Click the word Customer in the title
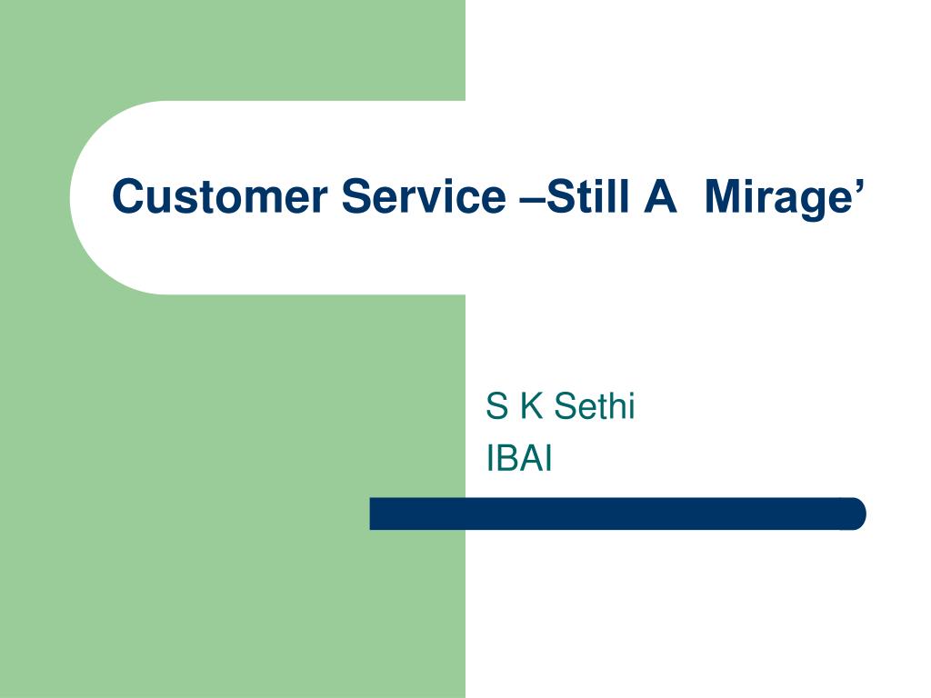pyautogui.click(x=220, y=196)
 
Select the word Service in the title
pyautogui.click(x=424, y=196)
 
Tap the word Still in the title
pyautogui.click(x=587, y=195)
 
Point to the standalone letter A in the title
pyautogui.click(x=660, y=196)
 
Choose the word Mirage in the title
pyautogui.click(x=779, y=199)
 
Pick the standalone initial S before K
pyautogui.click(x=497, y=406)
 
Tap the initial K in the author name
pyautogui.click(x=532, y=406)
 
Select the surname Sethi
pyautogui.click(x=595, y=406)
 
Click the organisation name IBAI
pyautogui.click(x=519, y=459)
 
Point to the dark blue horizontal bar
pyautogui.click(x=617, y=514)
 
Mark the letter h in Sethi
pyautogui.click(x=616, y=406)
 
